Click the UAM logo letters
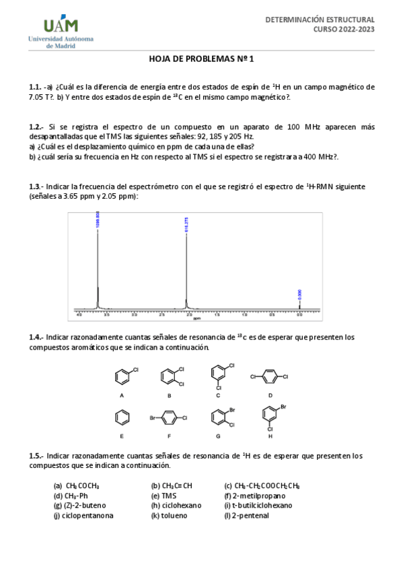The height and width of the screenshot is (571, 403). [x=61, y=26]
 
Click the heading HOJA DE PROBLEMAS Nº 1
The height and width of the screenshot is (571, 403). [x=201, y=59]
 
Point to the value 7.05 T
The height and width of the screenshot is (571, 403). [x=39, y=97]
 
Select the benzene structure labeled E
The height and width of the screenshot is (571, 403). [x=122, y=417]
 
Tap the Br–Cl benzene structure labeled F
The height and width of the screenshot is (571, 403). [x=170, y=418]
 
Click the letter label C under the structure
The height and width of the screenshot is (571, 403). [x=218, y=396]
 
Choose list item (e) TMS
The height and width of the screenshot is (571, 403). [x=164, y=495]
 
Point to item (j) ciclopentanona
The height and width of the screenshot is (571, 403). [x=83, y=515]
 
